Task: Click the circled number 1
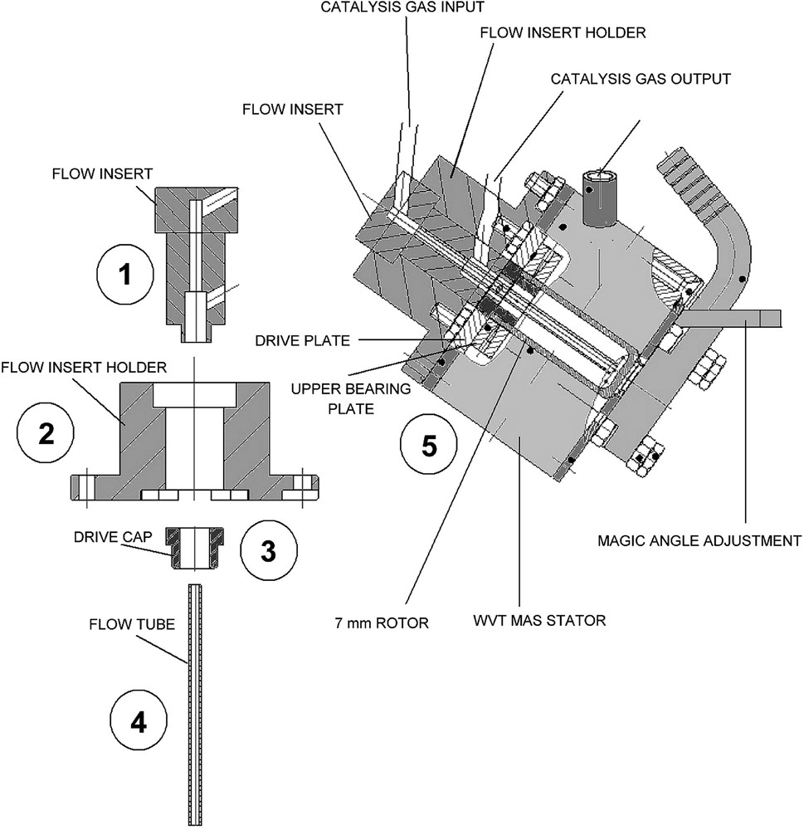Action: (x=125, y=274)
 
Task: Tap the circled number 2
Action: (x=46, y=434)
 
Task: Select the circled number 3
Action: (x=269, y=550)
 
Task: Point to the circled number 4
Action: (x=138, y=721)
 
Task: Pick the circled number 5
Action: (x=428, y=444)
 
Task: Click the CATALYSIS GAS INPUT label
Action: (x=402, y=7)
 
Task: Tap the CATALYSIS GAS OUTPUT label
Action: (x=641, y=79)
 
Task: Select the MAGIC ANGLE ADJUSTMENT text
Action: (x=699, y=540)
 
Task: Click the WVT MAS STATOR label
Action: (x=539, y=620)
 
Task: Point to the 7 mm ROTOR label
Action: (x=382, y=622)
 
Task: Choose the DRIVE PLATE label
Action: (x=303, y=340)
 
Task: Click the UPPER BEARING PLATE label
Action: (x=351, y=398)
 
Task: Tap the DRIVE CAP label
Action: (x=113, y=537)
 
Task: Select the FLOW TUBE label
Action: (x=132, y=624)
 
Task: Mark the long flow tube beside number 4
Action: (x=195, y=704)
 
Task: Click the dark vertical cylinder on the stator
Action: (x=600, y=198)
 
